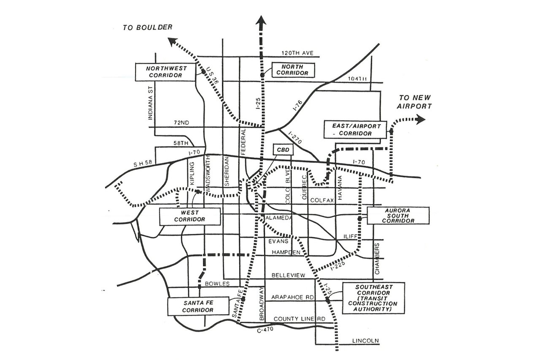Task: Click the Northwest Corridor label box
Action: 165,72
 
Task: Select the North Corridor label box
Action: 292,70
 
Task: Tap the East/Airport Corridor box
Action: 355,130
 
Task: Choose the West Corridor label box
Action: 190,216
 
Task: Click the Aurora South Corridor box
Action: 398,215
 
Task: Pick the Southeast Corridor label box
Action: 373,298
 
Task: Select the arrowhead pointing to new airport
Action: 420,119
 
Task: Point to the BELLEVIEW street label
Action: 288,275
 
